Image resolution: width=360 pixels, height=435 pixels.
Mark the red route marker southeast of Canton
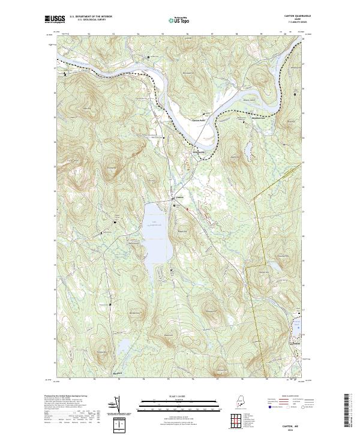[187, 209]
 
